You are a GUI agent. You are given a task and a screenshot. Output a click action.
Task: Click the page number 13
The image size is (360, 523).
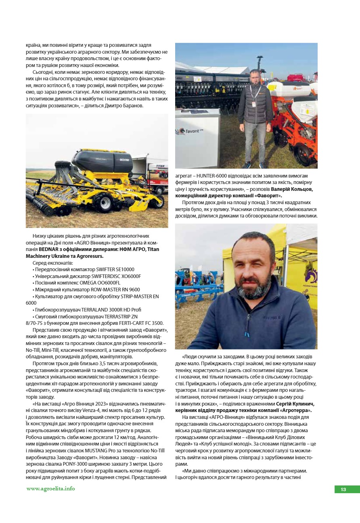pyautogui.click(x=343, y=490)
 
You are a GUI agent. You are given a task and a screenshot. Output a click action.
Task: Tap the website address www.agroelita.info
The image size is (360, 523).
pyautogui.click(x=50, y=489)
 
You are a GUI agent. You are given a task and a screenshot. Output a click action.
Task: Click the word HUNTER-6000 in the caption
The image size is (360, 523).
pyautogui.click(x=210, y=176)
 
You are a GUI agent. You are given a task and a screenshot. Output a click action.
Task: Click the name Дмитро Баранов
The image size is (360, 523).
pyautogui.click(x=126, y=106)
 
